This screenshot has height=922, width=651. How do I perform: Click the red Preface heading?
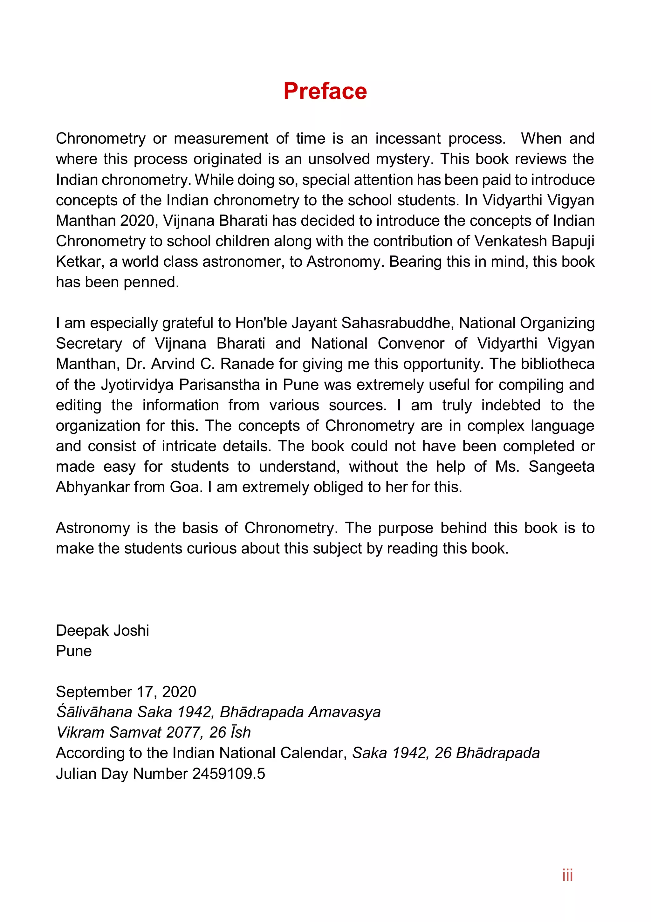click(325, 91)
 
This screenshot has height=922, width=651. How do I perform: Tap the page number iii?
click(567, 875)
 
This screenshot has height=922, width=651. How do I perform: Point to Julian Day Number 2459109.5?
click(161, 774)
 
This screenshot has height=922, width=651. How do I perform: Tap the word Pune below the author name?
click(74, 651)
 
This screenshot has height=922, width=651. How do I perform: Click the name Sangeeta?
click(561, 466)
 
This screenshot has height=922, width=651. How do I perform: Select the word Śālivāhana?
click(94, 712)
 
